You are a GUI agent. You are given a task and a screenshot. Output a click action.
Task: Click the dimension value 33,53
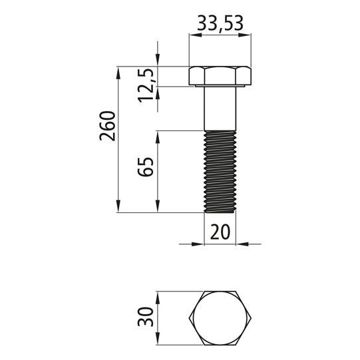pyautogui.click(x=220, y=25)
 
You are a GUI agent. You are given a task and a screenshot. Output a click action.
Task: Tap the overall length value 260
pyautogui.click(x=107, y=126)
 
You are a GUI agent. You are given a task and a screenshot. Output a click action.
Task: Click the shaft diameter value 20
pyautogui.click(x=220, y=232)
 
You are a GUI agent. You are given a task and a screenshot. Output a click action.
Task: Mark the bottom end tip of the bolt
pyautogui.click(x=220, y=212)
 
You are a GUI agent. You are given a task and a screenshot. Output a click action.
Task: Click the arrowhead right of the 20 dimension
pyautogui.click(x=241, y=244)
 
